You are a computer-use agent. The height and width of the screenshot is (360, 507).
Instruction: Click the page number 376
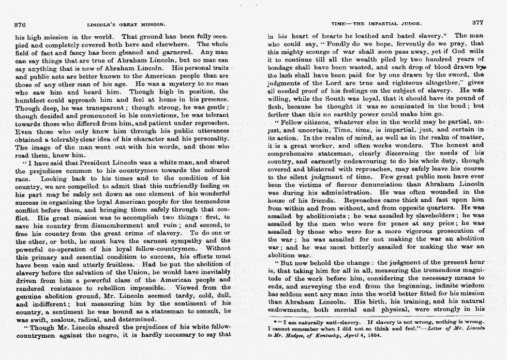pos(21,24)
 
